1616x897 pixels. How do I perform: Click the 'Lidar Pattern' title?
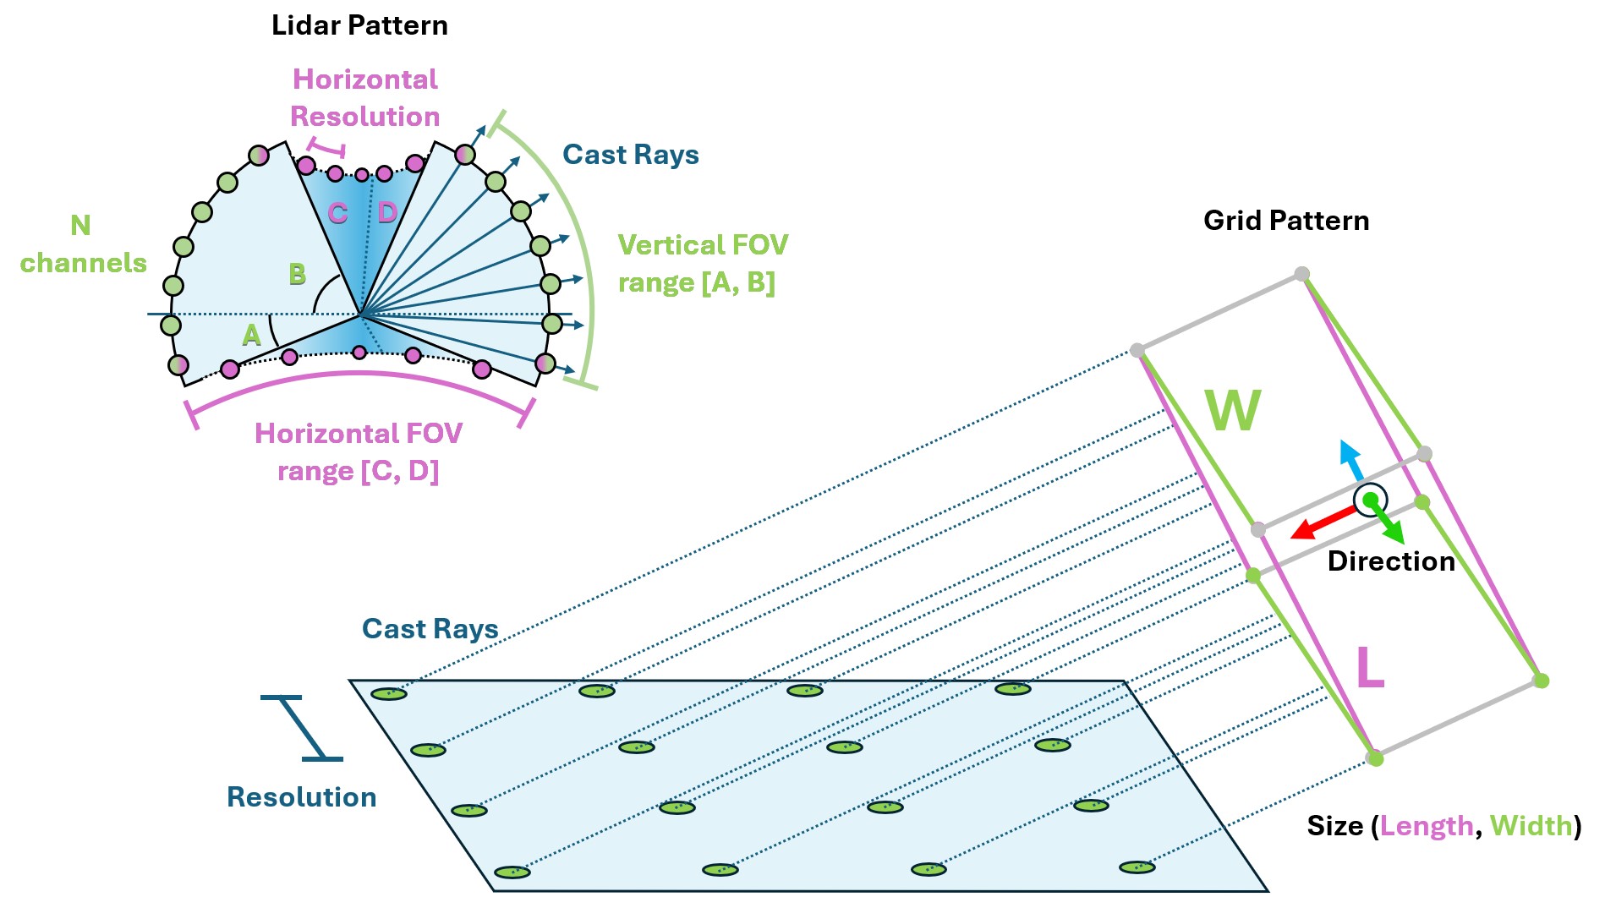pyautogui.click(x=359, y=25)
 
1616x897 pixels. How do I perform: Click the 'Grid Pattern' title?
pyautogui.click(x=1285, y=221)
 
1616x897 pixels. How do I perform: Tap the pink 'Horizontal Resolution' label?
pyautogui.click(x=364, y=97)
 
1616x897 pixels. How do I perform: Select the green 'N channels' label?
pyautogui.click(x=82, y=244)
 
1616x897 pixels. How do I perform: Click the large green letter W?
pyautogui.click(x=1233, y=411)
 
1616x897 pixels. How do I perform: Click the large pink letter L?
pyautogui.click(x=1369, y=669)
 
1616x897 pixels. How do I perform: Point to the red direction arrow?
pyautogui.click(x=1323, y=522)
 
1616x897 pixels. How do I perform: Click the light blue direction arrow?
pyautogui.click(x=1350, y=460)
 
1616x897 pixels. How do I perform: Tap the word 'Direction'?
pyautogui.click(x=1390, y=561)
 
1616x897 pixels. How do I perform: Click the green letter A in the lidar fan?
pyautogui.click(x=251, y=336)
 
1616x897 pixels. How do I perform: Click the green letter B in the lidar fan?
pyautogui.click(x=297, y=274)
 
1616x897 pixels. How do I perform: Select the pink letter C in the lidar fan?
pyautogui.click(x=337, y=213)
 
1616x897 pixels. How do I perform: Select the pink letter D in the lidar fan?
pyautogui.click(x=387, y=212)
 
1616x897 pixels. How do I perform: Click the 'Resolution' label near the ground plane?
pyautogui.click(x=301, y=797)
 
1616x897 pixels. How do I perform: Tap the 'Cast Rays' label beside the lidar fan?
pyautogui.click(x=630, y=155)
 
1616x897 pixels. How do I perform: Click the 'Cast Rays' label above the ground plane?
pyautogui.click(x=430, y=629)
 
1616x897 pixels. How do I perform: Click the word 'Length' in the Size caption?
pyautogui.click(x=1426, y=826)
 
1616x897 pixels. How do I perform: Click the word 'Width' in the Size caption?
pyautogui.click(x=1531, y=826)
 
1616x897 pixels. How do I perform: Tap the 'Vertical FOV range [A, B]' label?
pyautogui.click(x=702, y=263)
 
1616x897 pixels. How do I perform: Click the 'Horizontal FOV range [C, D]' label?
pyautogui.click(x=358, y=451)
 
